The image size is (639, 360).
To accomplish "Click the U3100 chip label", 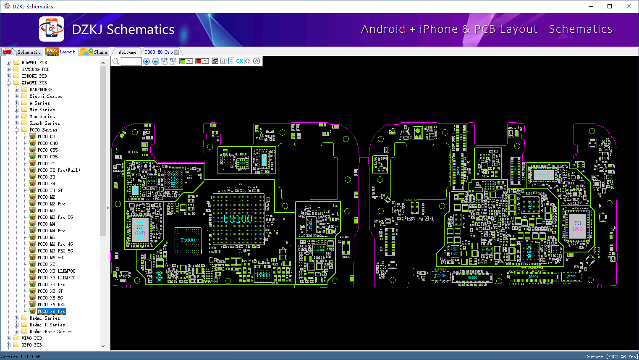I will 238,219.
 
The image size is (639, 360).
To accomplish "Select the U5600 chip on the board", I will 188,240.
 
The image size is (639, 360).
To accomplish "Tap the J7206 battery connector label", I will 440,276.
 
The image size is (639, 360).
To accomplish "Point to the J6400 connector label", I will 472,278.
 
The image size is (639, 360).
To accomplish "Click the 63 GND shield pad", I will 578,226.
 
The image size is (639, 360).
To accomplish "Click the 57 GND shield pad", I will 140,230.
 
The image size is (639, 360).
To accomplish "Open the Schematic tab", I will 23,52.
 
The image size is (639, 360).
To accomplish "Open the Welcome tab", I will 127,52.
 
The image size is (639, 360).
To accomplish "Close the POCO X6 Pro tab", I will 177,52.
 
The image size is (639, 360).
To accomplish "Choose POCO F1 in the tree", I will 46,163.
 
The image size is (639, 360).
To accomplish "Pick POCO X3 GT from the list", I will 50,291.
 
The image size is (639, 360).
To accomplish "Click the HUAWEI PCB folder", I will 34,63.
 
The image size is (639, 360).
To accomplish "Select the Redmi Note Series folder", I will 51,331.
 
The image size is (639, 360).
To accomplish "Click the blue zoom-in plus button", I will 147,61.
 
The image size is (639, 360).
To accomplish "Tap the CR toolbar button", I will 239,61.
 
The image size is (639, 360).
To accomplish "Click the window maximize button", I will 610,6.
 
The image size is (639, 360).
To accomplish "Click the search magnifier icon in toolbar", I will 116,61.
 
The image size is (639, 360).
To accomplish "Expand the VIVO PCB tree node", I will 9,338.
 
